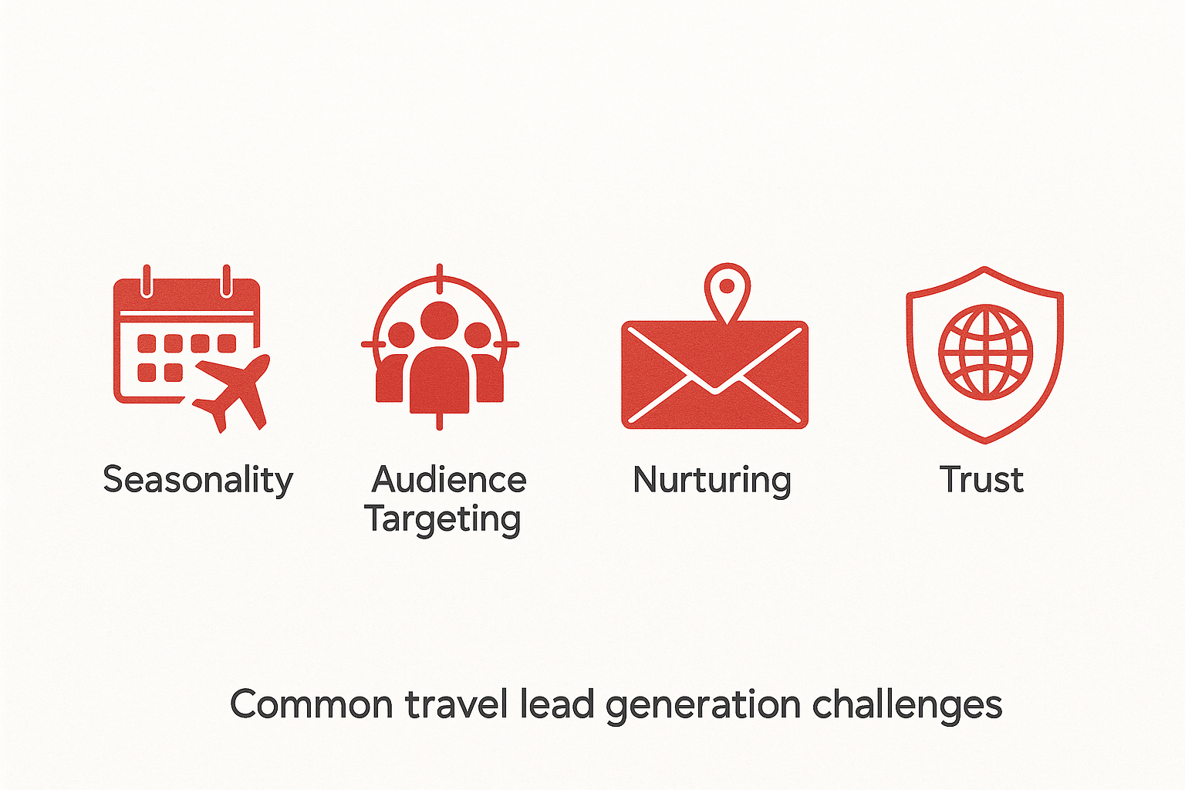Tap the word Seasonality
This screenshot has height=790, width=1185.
click(x=197, y=480)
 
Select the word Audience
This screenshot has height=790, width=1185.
click(x=449, y=480)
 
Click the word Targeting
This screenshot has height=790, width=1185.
click(x=443, y=519)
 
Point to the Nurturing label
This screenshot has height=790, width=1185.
click(x=711, y=480)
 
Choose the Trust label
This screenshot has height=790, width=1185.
click(x=981, y=480)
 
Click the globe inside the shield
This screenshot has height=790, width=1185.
click(x=985, y=352)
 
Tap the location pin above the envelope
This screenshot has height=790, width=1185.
click(x=727, y=290)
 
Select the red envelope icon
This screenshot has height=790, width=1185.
click(x=714, y=375)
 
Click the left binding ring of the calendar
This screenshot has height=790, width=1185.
click(x=147, y=281)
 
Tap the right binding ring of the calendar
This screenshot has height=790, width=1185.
click(x=226, y=281)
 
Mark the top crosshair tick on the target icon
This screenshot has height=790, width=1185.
click(x=440, y=277)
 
